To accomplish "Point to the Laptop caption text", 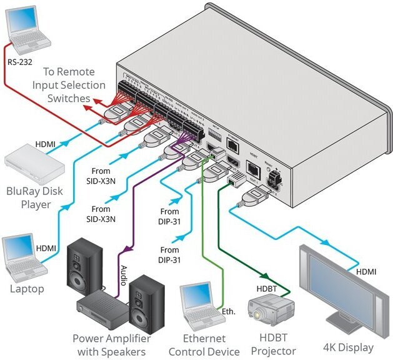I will coord(27,289).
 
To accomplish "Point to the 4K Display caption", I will coord(347,347).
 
